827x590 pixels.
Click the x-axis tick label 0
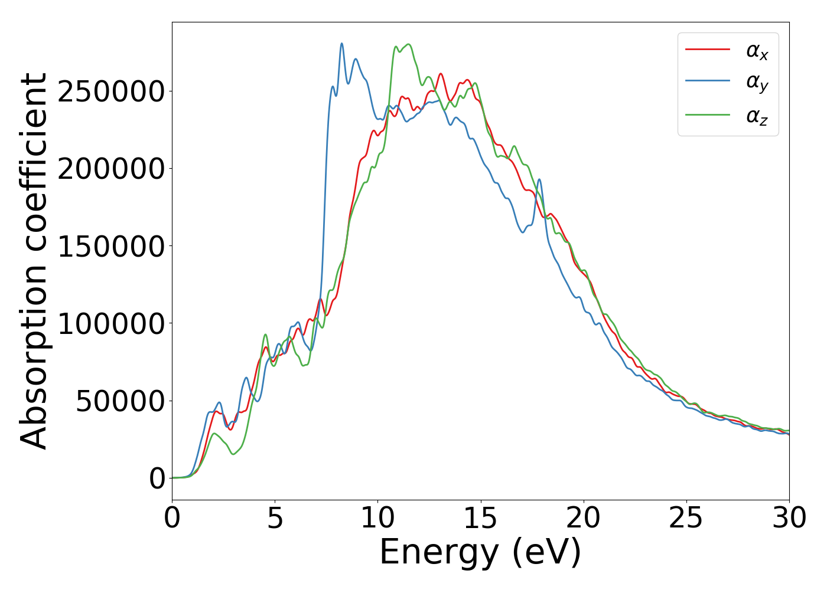click(x=172, y=519)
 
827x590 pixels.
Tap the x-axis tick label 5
click(x=275, y=519)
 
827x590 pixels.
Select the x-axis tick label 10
click(x=377, y=519)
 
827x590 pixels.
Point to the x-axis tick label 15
click(x=480, y=519)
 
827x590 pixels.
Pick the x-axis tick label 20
click(x=583, y=519)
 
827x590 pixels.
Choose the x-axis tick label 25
click(x=686, y=519)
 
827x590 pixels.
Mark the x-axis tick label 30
click(x=789, y=519)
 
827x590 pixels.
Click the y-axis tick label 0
click(x=157, y=478)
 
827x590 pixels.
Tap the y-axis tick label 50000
click(x=120, y=401)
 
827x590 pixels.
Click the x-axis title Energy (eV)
click(x=480, y=553)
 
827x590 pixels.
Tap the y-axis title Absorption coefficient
click(x=34, y=261)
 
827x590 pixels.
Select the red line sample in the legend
click(x=707, y=50)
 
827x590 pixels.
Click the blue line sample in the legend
click(x=707, y=83)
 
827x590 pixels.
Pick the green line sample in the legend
click(x=707, y=116)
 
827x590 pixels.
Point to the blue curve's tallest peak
click(x=341, y=44)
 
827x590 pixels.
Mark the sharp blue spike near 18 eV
click(x=539, y=180)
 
